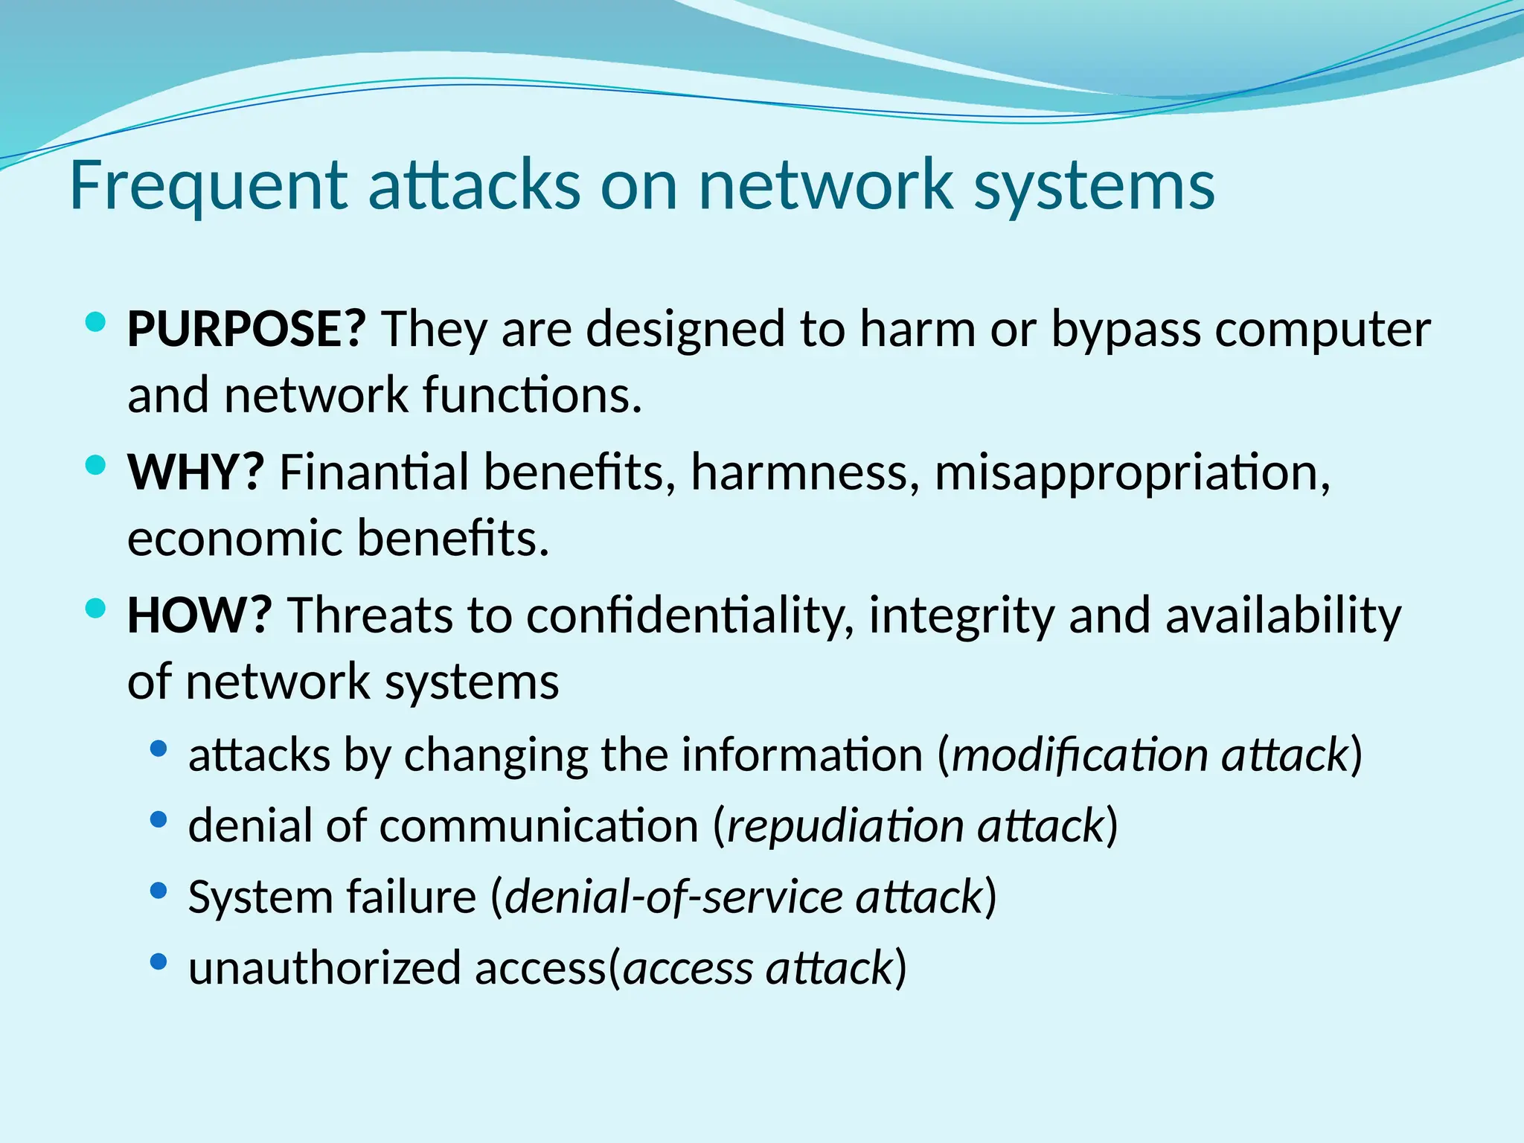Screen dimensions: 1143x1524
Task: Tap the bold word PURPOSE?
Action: point(246,329)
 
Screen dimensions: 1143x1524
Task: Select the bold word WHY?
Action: point(196,472)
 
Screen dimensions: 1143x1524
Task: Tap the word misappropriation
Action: point(1132,473)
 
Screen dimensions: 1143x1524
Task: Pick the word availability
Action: point(1283,617)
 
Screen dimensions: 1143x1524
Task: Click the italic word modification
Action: point(1080,755)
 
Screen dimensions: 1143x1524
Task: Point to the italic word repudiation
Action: point(845,826)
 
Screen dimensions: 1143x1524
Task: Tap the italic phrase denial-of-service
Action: point(673,897)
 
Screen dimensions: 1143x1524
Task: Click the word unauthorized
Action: point(324,968)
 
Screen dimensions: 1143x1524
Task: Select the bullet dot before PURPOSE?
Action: point(95,322)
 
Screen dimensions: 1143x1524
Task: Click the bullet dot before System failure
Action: point(158,890)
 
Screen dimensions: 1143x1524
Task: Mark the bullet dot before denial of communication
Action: point(158,819)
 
